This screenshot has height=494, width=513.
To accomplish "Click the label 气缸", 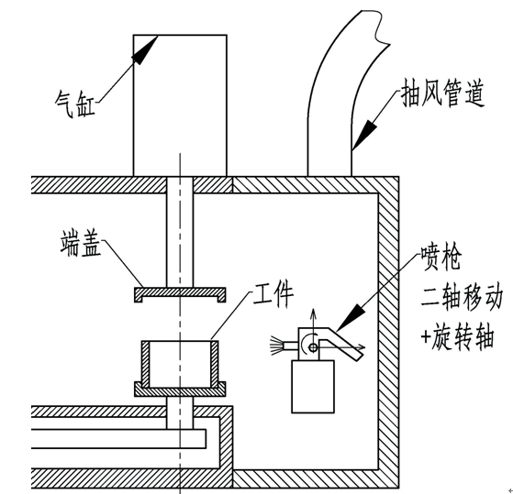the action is [x=75, y=104].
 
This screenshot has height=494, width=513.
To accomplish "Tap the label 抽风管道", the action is [x=442, y=93].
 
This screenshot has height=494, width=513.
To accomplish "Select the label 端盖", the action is [x=81, y=244].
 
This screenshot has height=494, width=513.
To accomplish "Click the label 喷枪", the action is [x=441, y=258].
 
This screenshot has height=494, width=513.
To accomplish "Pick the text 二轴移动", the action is [x=462, y=298].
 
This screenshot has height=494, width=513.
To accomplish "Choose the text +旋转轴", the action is [x=457, y=337].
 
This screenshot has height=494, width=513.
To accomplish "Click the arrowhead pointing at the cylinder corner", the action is [x=145, y=49].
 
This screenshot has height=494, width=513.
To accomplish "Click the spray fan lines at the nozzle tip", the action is [x=277, y=346].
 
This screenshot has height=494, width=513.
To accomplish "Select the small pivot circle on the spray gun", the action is [x=313, y=347].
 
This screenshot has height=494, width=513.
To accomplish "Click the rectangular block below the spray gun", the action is [x=313, y=387].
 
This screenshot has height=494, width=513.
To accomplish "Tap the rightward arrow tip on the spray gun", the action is [x=362, y=347].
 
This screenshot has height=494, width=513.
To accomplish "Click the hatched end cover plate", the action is [x=180, y=292].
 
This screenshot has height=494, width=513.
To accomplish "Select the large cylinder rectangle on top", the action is [x=180, y=105].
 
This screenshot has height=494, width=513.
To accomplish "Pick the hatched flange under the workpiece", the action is [x=180, y=390].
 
